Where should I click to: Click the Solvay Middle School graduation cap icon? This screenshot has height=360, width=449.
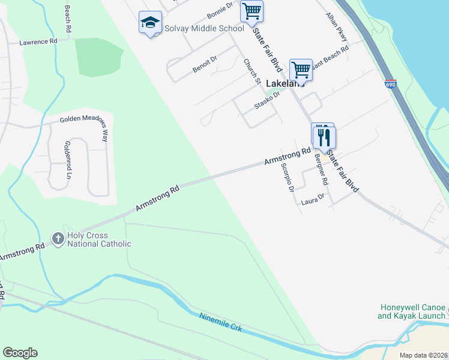coord(149,23)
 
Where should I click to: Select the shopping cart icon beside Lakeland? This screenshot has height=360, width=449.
coord(301,70)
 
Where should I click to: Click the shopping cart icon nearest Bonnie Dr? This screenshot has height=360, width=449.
coord(252,11)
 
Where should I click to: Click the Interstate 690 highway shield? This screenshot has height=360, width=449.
coord(391,84)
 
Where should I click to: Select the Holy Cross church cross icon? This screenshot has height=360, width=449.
coord(58,239)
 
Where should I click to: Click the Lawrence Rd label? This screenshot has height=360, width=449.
coord(37,42)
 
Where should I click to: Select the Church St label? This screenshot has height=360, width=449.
coord(252,71)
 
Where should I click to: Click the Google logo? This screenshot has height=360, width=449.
coord(20,353)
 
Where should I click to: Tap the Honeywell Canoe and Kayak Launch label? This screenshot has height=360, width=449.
coord(412,311)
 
